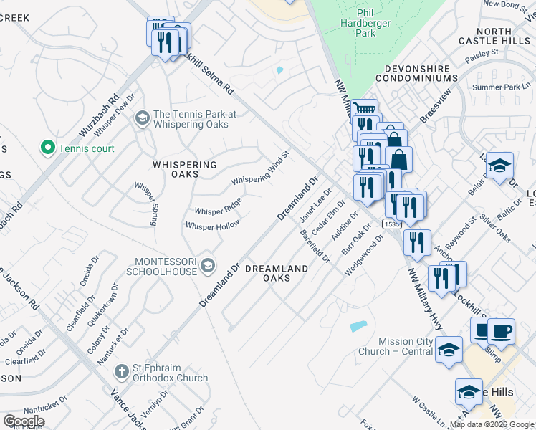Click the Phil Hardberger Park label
[x=365, y=23]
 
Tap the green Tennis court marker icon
[x=48, y=148]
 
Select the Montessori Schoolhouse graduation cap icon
[x=207, y=266]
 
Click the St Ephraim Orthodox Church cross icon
[x=121, y=373]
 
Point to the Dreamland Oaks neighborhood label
[x=277, y=273]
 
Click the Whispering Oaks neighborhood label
[x=185, y=169]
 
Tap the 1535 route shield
[x=391, y=224]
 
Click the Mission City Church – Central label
[x=396, y=347]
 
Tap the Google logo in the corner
[x=24, y=421]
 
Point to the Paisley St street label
[x=481, y=54]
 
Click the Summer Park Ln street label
[x=500, y=87]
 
